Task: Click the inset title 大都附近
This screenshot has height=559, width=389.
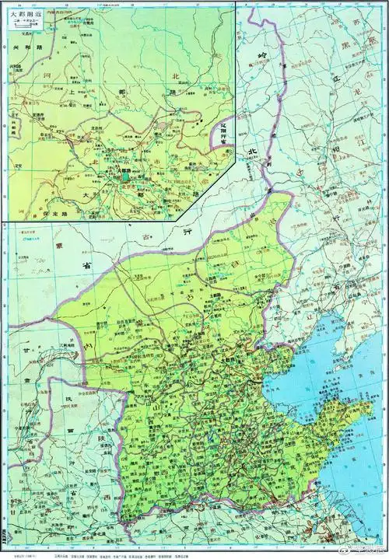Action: tap(30, 15)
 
